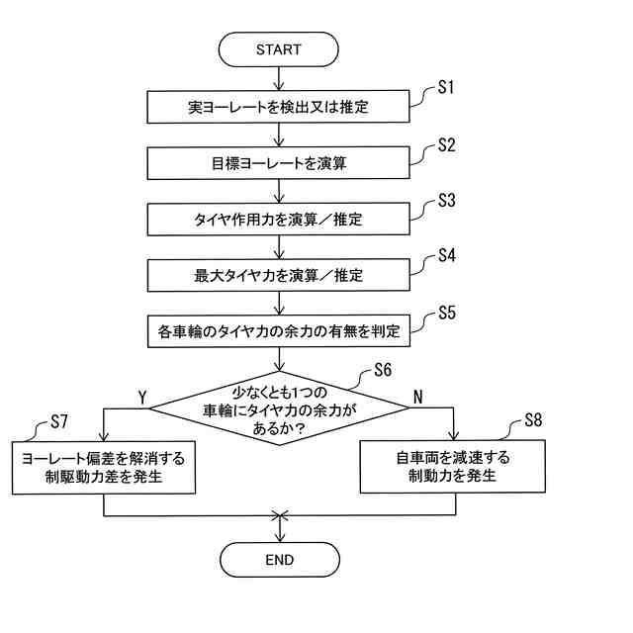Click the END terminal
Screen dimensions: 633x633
tap(280, 559)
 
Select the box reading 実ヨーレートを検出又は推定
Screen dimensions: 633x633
tap(279, 106)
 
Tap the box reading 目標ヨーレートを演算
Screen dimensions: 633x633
tap(279, 162)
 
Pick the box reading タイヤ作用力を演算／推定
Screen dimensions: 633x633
tap(279, 218)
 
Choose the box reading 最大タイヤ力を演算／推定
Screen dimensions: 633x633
tap(279, 274)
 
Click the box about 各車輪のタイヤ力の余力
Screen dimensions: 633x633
tap(279, 331)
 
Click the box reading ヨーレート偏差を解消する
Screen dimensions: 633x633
tap(104, 466)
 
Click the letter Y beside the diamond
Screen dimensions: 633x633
tap(142, 396)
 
